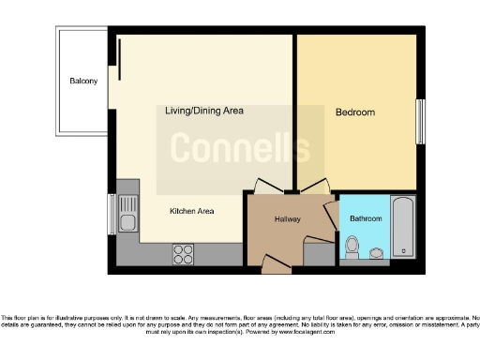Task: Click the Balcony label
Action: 83,82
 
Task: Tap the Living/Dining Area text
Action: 203,111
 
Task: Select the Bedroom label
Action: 354,112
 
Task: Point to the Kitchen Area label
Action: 191,211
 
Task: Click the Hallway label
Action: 287,218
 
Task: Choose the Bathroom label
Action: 366,218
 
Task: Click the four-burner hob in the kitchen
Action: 184,253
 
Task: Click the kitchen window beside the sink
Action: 111,214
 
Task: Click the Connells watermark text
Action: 239,148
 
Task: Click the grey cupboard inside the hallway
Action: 320,252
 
